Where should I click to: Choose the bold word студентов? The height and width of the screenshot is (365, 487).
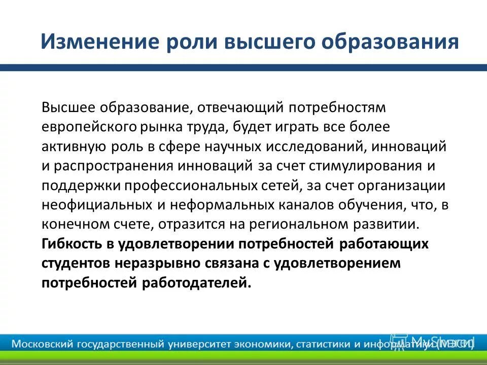[75, 263]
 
